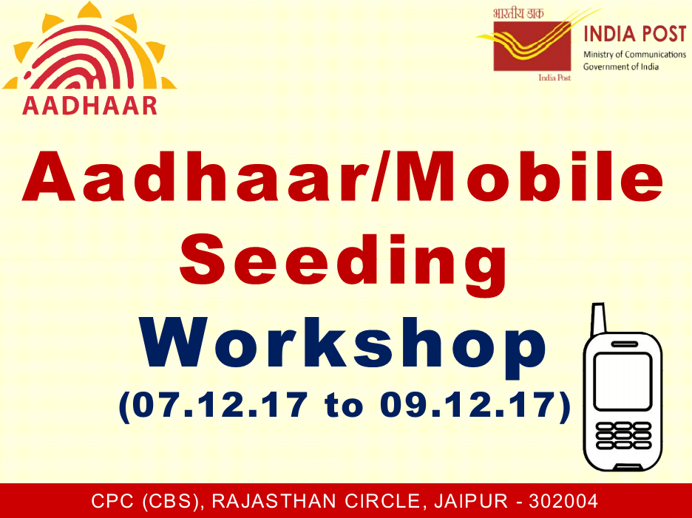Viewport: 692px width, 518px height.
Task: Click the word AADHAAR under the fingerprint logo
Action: [89, 103]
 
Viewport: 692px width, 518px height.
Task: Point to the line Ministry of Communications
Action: [634, 55]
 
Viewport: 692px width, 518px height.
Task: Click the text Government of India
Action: [620, 67]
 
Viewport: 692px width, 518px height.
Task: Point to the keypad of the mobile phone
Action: [623, 436]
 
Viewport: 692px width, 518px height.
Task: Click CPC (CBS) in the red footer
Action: [147, 502]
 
